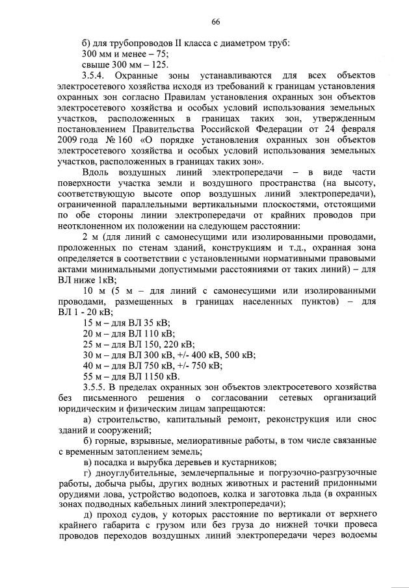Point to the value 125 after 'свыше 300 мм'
point(159,65)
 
